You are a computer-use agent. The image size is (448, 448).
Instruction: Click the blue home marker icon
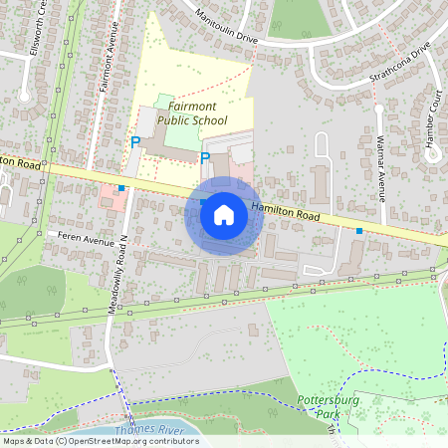point(224,214)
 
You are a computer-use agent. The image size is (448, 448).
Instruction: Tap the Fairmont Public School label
point(191,113)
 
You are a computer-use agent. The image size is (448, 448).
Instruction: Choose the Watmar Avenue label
point(381,175)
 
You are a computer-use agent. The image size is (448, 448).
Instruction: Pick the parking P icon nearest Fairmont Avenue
point(135,142)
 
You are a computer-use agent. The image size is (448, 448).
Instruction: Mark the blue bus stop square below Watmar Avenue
point(359,230)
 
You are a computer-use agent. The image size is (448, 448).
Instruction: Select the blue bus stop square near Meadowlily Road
point(121,187)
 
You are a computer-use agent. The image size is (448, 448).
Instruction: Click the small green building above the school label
point(164,101)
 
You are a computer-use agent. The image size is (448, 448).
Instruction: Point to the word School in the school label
point(209,120)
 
